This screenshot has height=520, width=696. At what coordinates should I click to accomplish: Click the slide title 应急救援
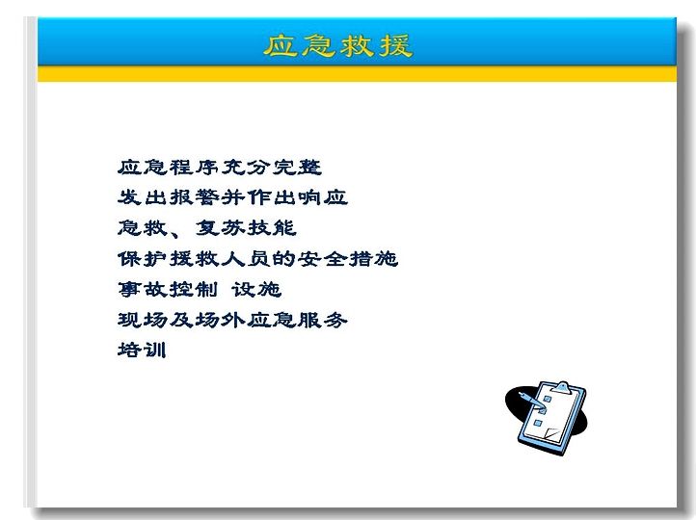click(x=338, y=45)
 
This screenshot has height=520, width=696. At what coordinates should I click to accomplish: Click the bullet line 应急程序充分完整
click(x=219, y=168)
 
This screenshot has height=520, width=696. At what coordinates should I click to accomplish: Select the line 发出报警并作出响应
click(x=232, y=197)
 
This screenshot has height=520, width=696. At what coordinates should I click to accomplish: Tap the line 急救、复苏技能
click(x=206, y=228)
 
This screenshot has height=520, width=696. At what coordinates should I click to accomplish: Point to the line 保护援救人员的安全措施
click(x=257, y=258)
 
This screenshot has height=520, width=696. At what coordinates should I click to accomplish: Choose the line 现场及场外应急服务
click(x=232, y=320)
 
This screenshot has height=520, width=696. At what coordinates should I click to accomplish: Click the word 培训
click(x=142, y=350)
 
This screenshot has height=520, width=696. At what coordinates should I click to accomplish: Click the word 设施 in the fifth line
click(x=256, y=289)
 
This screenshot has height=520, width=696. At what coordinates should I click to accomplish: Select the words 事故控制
click(x=168, y=289)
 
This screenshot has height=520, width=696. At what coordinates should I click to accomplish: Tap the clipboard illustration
click(x=547, y=418)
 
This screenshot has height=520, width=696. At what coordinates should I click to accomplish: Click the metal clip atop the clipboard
click(x=561, y=386)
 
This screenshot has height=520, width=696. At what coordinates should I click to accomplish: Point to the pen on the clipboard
click(x=532, y=400)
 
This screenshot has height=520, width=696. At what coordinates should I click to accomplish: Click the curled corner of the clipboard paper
click(x=552, y=434)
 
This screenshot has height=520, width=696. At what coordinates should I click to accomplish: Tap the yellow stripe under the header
click(x=357, y=73)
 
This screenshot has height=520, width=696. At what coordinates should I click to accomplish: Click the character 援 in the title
click(x=396, y=45)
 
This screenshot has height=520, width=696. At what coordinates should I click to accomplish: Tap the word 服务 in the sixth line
click(x=322, y=320)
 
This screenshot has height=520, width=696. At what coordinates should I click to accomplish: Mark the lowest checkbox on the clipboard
click(x=538, y=423)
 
